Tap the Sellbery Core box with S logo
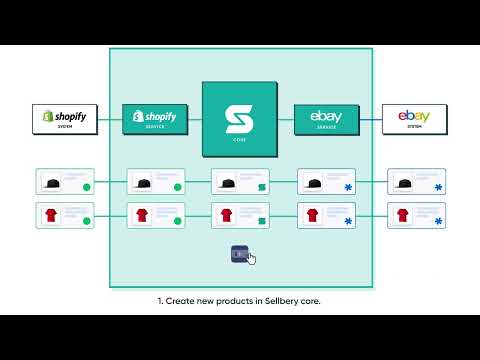point(240,118)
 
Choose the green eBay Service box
point(326,120)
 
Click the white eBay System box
point(415,120)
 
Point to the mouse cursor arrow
point(251,259)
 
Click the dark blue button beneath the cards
point(238,254)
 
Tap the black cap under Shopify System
point(50,182)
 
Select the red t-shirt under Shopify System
point(50,215)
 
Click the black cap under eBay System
point(402,182)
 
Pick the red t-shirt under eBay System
point(402,215)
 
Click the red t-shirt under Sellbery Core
point(226,215)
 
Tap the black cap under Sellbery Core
point(226,182)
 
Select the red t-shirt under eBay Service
point(313,215)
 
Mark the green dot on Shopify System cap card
point(86,187)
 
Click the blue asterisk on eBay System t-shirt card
point(439,220)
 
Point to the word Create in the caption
point(184,300)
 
